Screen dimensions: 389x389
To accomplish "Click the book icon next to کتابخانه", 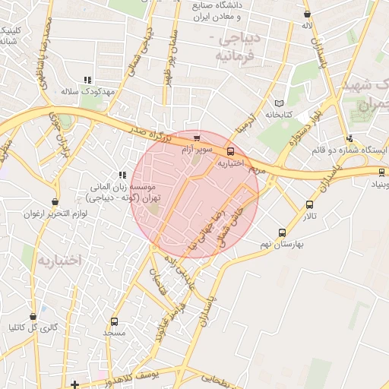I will coord(279,103).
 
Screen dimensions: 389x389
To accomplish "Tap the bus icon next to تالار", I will coord(309,204).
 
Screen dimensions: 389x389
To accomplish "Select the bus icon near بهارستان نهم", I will coord(283,233).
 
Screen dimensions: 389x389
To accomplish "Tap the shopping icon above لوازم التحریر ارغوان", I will coord(55,202).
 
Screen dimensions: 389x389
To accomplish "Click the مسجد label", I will coord(114,334).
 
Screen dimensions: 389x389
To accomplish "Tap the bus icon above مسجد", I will coord(114,321).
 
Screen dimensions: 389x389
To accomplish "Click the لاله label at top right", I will coord(307,26).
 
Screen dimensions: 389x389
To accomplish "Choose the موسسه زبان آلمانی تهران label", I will coord(126,191).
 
